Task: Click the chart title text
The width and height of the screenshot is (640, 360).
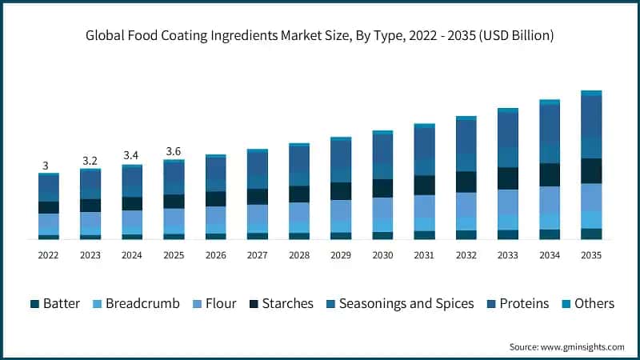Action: [x=320, y=36]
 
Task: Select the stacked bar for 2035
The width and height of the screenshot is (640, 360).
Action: [x=591, y=165]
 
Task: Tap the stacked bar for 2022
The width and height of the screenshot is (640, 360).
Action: [x=49, y=206]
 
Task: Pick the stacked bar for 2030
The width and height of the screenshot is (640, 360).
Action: [x=382, y=185]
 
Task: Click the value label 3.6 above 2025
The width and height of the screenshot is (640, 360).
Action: [x=174, y=151]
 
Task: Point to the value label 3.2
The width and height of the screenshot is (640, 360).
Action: [x=90, y=160]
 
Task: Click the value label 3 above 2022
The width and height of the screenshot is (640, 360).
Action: [x=46, y=166]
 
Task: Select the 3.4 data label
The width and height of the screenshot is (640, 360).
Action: [x=132, y=155]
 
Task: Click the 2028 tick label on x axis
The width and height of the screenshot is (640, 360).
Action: [x=299, y=254]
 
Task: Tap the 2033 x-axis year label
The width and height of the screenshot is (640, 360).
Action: [x=508, y=254]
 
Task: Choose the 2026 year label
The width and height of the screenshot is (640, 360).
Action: [x=215, y=254]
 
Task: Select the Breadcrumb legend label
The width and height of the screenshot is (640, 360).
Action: [x=135, y=303]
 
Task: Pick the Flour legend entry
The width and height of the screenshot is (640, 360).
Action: [x=212, y=303]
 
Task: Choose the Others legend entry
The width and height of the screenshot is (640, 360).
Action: [x=586, y=303]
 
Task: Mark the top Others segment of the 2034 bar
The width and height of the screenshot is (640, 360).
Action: [x=550, y=102]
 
